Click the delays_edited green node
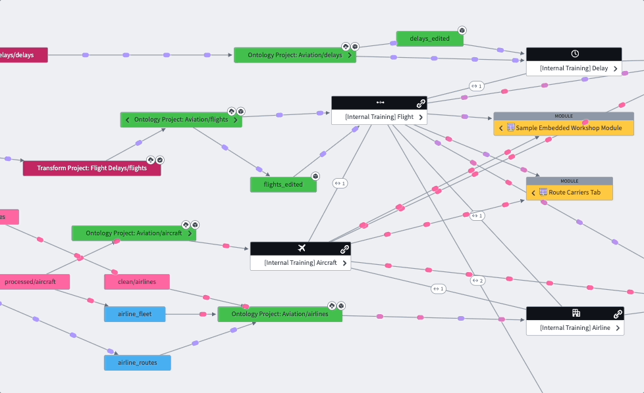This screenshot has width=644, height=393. (429, 39)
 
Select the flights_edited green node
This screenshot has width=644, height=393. (283, 185)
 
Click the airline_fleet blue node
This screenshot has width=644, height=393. (134, 314)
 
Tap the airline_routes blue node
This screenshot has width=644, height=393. (137, 363)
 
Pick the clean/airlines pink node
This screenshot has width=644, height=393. (136, 282)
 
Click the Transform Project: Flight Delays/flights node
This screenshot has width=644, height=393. (92, 168)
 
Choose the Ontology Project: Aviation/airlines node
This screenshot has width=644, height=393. (279, 314)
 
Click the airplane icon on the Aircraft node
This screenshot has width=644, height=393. (302, 248)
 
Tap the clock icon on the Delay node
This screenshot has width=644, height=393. (574, 54)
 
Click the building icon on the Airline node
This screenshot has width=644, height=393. (576, 313)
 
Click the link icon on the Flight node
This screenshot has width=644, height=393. (420, 103)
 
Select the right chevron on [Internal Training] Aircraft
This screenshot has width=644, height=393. (344, 263)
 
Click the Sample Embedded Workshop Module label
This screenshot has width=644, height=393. (569, 127)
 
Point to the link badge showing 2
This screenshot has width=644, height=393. (478, 281)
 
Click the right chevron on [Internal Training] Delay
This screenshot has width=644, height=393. (615, 68)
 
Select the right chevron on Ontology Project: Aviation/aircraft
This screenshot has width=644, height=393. (190, 233)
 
